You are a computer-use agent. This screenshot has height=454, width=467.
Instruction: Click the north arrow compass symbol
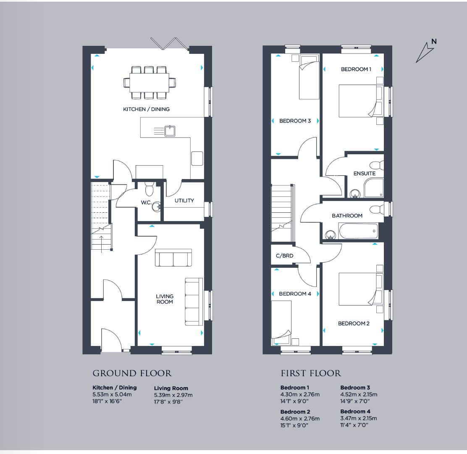click(x=425, y=52)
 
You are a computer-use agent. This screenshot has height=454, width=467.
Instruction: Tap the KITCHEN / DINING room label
click(x=146, y=109)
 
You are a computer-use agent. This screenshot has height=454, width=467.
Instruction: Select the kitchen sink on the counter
click(x=170, y=131)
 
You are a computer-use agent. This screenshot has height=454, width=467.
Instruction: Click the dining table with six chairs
click(x=150, y=82)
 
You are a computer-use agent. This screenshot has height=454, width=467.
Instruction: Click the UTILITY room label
click(x=184, y=201)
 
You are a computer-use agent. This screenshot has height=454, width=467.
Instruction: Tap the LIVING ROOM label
click(x=165, y=299)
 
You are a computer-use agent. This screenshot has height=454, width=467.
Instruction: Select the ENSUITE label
click(x=364, y=173)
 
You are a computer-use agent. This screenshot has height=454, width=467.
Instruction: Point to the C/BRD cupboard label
click(x=284, y=255)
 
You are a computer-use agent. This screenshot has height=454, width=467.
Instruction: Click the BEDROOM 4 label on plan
click(x=295, y=294)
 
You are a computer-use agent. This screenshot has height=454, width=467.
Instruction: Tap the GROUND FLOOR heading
click(x=132, y=373)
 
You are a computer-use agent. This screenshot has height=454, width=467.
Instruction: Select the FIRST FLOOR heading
click(x=311, y=373)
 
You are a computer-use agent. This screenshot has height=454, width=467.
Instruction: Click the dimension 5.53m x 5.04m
click(x=112, y=395)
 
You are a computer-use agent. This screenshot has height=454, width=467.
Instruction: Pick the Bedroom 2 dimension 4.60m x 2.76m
click(x=300, y=419)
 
